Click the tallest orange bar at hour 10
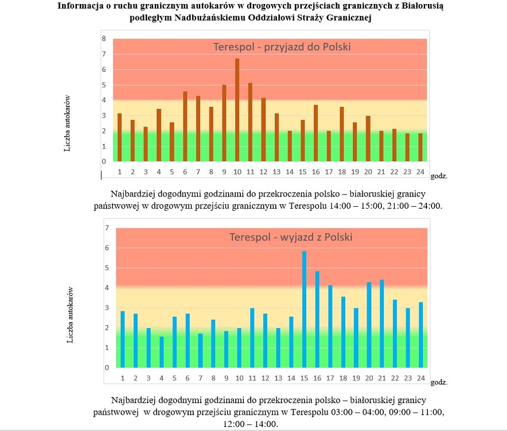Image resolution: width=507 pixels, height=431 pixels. (237, 110)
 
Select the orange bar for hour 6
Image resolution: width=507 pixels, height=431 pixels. (185, 126)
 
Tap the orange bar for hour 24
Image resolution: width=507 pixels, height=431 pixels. (420, 147)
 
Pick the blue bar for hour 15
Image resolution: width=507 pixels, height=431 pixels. (304, 309)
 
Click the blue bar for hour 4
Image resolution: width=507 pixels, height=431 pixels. (162, 352)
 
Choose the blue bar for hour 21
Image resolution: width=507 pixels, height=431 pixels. (382, 324)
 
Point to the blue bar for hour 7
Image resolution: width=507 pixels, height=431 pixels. (200, 350)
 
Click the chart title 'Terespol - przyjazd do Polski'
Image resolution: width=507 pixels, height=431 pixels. (282, 47)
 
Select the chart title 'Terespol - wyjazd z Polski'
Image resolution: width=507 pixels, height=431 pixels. (291, 237)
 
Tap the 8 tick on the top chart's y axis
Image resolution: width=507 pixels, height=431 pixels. (104, 39)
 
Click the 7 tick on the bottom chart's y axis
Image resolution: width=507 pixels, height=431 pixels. (107, 228)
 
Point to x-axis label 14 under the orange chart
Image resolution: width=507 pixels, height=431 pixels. (289, 172)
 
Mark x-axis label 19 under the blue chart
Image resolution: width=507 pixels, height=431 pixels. (356, 378)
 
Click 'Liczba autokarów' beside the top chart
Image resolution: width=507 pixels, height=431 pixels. (67, 124)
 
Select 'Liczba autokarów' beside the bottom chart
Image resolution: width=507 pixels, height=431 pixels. (70, 315)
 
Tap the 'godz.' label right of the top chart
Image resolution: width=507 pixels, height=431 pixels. (439, 176)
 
